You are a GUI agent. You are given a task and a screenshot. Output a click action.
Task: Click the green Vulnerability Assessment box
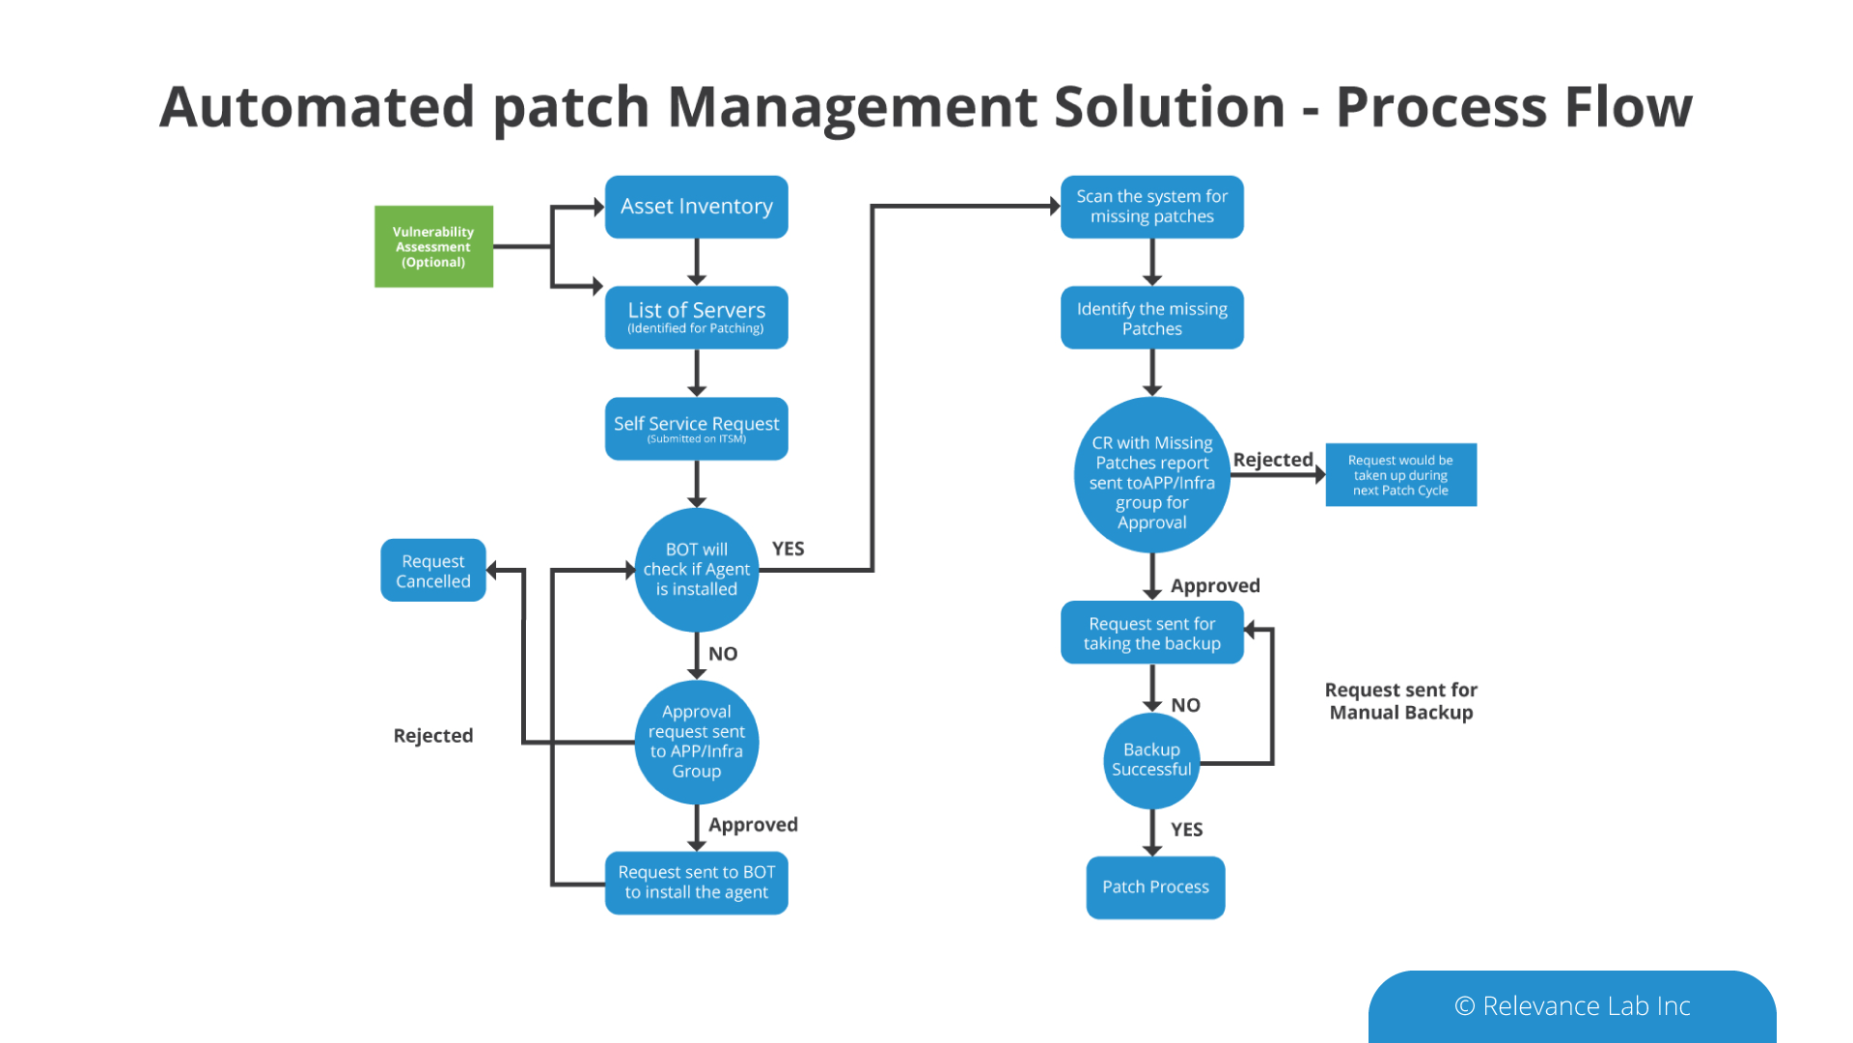433,246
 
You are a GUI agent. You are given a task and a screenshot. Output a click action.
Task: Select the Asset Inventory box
696,207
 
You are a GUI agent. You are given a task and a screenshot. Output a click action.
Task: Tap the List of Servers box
696,317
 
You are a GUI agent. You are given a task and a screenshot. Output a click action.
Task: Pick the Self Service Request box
696,428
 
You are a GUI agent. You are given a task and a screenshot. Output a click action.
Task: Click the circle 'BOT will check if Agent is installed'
696,570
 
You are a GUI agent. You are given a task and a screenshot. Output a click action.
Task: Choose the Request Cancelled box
432,571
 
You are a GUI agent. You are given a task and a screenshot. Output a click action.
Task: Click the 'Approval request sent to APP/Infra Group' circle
696,742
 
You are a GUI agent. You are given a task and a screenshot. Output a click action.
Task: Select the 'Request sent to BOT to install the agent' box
696,883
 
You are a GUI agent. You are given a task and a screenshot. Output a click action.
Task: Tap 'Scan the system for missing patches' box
1151,207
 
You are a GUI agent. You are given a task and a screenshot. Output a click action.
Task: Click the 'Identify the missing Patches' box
1151,318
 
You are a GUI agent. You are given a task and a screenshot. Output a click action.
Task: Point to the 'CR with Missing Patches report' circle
1151,475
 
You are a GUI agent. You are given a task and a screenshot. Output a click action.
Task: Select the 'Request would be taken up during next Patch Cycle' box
1400,475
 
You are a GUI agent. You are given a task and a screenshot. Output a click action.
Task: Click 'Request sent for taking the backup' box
1151,633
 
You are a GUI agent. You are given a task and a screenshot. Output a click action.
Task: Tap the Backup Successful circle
1151,760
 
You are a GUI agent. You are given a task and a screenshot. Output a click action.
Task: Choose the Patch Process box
1155,888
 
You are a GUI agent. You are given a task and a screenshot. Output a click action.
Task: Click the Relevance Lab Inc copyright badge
1571,1006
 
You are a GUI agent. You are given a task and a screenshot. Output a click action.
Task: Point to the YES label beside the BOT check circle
788,549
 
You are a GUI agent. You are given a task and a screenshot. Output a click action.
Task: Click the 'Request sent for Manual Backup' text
1400,701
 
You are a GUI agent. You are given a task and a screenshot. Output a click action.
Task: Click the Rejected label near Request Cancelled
433,736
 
